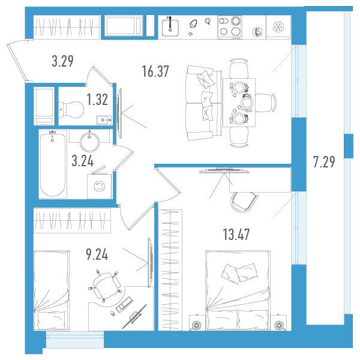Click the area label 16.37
pos(155,71)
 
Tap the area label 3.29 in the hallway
pos(62,61)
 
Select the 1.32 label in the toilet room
pos(97,100)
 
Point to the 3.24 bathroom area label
pos(83,161)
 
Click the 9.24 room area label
pos(97,254)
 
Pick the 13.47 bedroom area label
pos(236,235)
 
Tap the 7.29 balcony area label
pos(324,162)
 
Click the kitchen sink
pos(170,28)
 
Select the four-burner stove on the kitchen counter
pos(230,27)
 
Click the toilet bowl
pos(71,110)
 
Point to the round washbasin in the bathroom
pos(89,142)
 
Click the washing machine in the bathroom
pos(100,186)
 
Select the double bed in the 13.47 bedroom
pos(238,290)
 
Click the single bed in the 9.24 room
pos(52,290)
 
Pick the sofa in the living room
pos(203,103)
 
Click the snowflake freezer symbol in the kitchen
pos(278,27)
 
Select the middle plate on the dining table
pos(247,103)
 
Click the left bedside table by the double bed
pos(197,323)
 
